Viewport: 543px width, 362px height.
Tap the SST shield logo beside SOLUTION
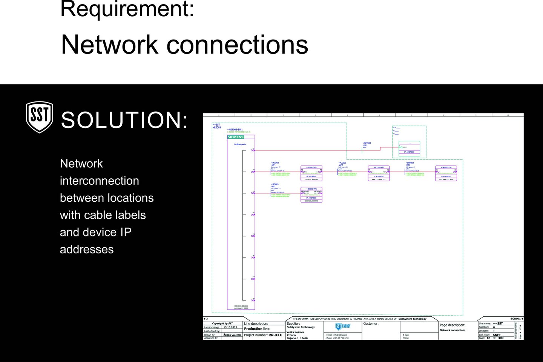39,117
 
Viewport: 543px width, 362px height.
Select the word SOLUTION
124,120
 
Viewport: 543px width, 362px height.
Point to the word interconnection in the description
100,181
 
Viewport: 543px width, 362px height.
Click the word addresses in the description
87,249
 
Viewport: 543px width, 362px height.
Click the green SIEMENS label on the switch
236,137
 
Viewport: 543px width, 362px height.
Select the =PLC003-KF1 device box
311,173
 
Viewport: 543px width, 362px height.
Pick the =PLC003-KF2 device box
379,173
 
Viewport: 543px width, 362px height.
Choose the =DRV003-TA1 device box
446,173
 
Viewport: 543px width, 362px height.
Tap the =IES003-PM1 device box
311,195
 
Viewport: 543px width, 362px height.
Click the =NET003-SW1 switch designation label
235,129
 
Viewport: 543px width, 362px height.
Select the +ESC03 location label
217,127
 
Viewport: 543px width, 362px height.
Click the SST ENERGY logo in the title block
343,327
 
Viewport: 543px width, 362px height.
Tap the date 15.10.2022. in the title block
230,327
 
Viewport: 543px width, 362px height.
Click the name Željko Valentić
232,335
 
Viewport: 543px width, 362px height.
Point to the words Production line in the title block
257,329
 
